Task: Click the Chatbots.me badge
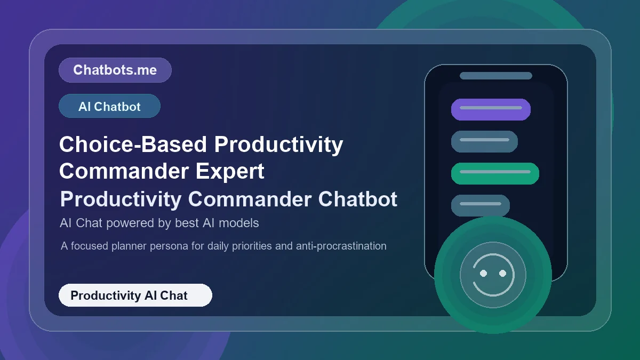[115, 70]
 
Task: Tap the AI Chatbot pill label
[109, 106]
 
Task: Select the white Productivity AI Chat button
[135, 295]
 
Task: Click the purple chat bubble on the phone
[491, 109]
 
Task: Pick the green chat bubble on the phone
[495, 173]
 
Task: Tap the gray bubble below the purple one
[484, 141]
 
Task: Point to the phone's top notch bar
[495, 76]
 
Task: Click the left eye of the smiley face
[483, 273]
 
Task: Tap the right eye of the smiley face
[502, 273]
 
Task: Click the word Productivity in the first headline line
[278, 144]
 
